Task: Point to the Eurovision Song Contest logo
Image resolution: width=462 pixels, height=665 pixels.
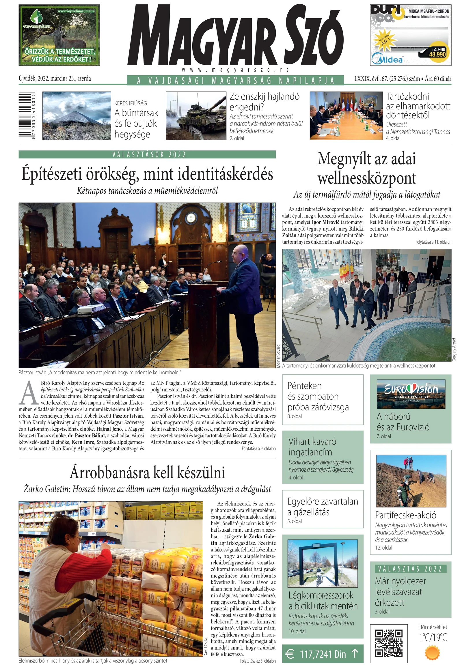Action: tap(411, 391)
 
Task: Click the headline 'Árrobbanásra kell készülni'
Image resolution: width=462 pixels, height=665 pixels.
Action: tap(147, 473)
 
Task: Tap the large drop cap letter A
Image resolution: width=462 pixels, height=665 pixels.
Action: tap(28, 393)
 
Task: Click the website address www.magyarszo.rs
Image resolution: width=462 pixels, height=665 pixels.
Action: tap(235, 70)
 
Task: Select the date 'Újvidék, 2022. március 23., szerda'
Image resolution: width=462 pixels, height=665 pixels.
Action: tap(55, 79)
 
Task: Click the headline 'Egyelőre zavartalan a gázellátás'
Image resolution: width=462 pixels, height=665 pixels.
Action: tap(323, 507)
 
